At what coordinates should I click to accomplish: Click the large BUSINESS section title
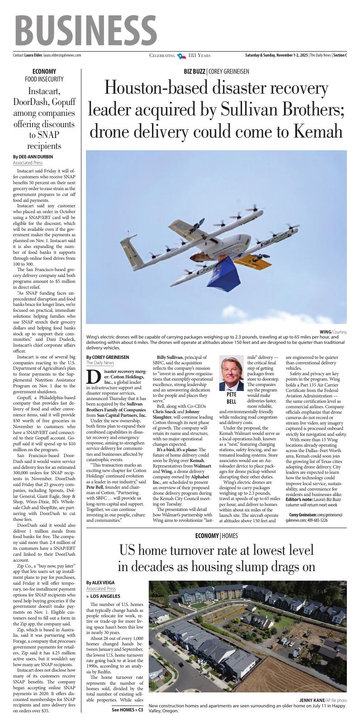86,29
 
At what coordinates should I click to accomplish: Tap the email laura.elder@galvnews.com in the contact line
62,55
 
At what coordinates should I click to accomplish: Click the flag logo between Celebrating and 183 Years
181,56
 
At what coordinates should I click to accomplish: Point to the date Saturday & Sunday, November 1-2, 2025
276,55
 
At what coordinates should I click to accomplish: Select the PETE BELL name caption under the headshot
231,398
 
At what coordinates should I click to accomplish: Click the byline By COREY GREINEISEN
108,357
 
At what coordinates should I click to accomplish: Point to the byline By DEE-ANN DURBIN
33,157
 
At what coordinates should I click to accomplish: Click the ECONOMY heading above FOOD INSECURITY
44,72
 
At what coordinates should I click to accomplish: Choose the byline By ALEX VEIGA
100,582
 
